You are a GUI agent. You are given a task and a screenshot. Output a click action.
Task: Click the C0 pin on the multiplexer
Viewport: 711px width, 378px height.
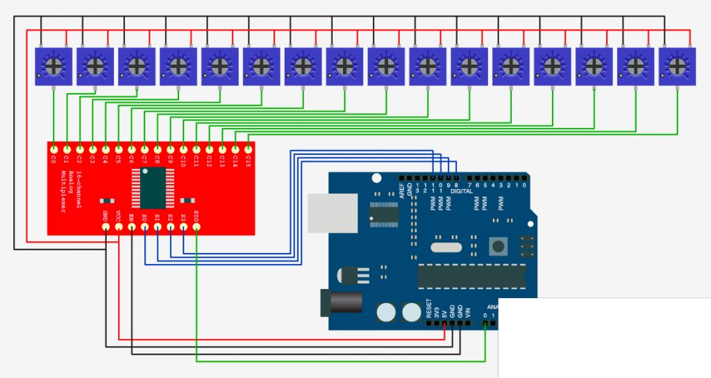[x=53, y=149]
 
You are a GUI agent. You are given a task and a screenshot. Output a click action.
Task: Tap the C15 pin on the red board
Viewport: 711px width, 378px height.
[x=249, y=149]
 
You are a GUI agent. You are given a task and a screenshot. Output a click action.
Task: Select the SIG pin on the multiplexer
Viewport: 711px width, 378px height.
[x=196, y=227]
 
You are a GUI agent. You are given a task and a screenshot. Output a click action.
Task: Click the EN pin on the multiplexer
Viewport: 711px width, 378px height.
[x=131, y=227]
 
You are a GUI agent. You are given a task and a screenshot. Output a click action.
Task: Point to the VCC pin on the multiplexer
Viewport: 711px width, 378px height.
[x=118, y=227]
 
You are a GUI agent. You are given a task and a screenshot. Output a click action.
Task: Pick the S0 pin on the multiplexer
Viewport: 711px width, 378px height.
[x=144, y=227]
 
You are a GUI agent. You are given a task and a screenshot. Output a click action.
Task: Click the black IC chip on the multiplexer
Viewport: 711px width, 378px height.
[x=152, y=188]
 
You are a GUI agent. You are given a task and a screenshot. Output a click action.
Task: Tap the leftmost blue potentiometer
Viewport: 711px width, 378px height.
[x=53, y=66]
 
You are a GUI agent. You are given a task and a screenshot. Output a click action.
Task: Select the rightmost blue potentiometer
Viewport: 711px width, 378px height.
[x=677, y=66]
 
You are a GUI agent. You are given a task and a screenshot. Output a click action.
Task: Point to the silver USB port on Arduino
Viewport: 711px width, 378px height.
[x=333, y=213]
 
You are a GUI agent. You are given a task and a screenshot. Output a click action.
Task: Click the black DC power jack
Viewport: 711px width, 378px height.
[x=331, y=306]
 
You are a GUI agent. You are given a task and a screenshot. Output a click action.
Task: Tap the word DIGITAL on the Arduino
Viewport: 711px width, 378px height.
[x=461, y=191]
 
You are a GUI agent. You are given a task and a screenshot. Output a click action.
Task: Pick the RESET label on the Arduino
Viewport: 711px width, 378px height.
[x=428, y=309]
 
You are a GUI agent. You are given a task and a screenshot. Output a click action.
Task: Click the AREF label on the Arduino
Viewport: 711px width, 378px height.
[x=401, y=188]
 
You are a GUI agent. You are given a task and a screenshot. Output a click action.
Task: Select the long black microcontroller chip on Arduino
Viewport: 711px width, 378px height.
[x=471, y=276]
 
